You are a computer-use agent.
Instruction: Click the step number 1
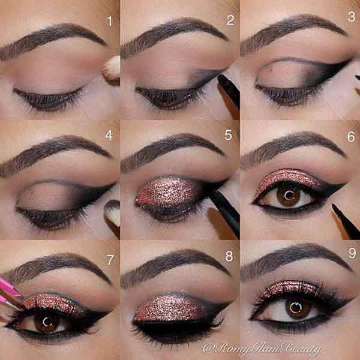[110, 21]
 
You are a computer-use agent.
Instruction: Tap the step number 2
[230, 20]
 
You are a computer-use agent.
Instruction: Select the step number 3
[352, 17]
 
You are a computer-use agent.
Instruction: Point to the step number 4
[109, 135]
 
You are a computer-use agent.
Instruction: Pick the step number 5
[229, 135]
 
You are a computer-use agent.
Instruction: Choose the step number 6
[351, 137]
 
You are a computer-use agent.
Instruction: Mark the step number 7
[110, 260]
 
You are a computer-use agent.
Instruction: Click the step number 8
[229, 256]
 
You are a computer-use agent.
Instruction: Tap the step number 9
[352, 253]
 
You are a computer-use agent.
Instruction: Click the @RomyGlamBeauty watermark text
[261, 349]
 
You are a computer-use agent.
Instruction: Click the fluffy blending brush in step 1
[112, 70]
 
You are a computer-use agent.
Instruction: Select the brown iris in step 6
[289, 196]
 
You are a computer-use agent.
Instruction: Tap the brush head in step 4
[113, 212]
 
